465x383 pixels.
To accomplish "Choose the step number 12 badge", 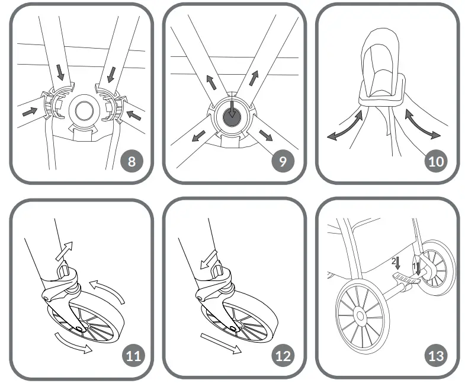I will coord(284,356).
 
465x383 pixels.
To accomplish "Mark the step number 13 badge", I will coord(435,356).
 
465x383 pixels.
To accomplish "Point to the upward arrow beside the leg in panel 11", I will coord(66,250).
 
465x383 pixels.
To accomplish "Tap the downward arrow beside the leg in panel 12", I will coord(209,257).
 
